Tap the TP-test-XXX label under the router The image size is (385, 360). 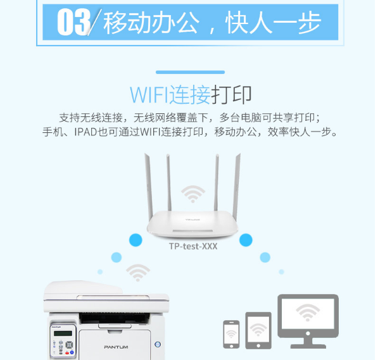193,246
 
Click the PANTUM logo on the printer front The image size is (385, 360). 116,347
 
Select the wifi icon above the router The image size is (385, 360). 193,194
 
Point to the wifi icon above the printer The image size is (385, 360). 138,273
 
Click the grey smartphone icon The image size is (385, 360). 231,334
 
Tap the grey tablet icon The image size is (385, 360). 258,330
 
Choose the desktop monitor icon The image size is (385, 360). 308,321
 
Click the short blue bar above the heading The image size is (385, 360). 191,72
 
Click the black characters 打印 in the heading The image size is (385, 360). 231,94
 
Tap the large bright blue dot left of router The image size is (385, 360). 136,240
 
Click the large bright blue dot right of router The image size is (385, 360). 246,240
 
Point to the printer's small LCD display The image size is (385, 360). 63,333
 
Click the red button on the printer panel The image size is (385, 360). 66,352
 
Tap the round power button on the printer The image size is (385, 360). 158,344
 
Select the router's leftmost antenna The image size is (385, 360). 149,187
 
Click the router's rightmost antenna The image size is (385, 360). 236,187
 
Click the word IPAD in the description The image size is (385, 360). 85,132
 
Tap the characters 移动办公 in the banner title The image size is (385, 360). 151,23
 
